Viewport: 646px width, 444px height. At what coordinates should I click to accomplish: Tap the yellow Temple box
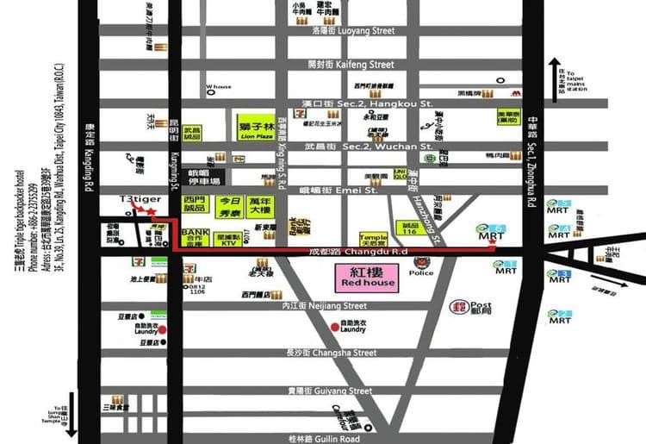coord(373,238)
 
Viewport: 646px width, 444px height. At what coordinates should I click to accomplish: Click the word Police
coord(422,273)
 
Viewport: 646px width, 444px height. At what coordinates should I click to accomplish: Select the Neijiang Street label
coord(330,305)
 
